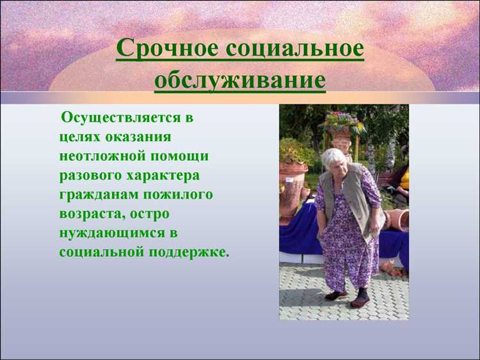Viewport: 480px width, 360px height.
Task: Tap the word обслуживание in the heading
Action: tap(239, 81)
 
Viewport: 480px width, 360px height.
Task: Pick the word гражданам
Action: tap(95, 194)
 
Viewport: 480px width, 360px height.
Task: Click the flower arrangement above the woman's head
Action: tap(342, 122)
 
